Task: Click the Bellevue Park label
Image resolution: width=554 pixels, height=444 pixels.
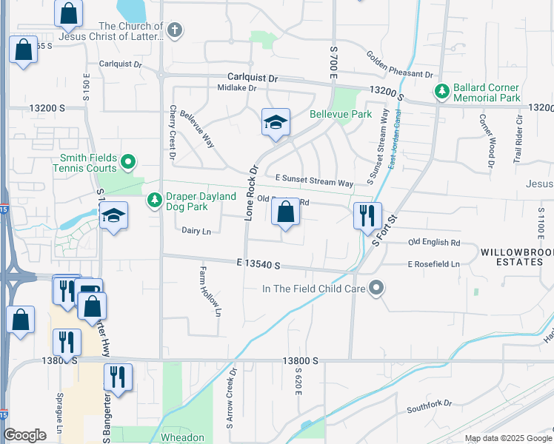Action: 341,115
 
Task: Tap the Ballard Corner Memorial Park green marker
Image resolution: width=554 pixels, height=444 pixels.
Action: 442,91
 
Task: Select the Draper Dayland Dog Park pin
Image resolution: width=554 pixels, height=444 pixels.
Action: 155,201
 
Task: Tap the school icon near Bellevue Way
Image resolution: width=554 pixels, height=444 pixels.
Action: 276,123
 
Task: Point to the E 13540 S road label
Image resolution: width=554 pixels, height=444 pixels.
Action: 258,263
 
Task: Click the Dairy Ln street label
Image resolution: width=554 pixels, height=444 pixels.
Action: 196,231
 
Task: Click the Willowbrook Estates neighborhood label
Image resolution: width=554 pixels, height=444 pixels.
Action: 516,257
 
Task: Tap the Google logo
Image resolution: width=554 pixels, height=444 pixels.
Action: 24,435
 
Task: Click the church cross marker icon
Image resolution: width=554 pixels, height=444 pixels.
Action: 174,31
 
